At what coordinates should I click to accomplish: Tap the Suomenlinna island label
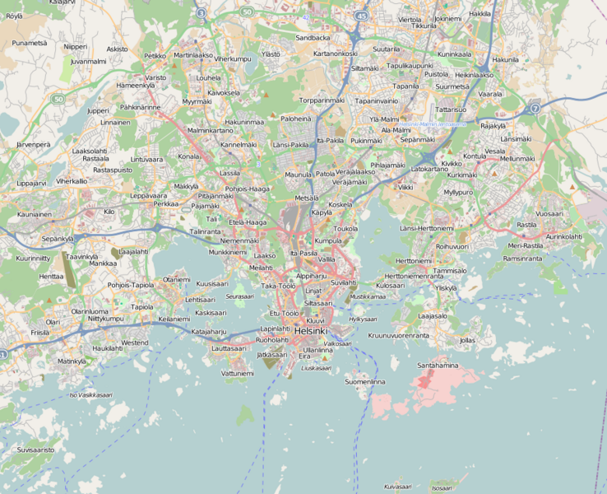click(365, 382)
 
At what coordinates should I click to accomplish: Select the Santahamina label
click(438, 365)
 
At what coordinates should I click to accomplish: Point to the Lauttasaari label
click(229, 348)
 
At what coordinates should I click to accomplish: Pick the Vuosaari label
click(549, 213)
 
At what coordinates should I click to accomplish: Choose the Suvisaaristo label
click(35, 450)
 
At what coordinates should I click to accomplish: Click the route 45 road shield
click(363, 15)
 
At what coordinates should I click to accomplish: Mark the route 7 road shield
click(535, 108)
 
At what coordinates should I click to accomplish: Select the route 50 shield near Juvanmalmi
click(58, 99)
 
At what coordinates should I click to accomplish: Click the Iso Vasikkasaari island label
click(90, 394)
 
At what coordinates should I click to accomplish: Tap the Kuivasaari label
click(396, 487)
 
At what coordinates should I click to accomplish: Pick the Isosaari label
click(441, 487)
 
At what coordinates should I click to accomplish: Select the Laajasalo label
click(433, 315)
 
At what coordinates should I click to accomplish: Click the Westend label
click(135, 343)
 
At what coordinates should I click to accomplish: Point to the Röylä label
click(15, 16)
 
